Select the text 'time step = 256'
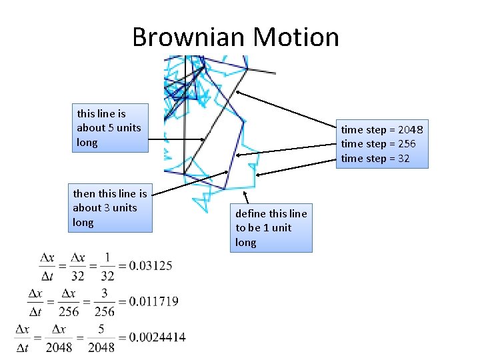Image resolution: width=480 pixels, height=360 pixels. click(x=378, y=144)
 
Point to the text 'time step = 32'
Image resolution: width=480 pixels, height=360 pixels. click(x=375, y=159)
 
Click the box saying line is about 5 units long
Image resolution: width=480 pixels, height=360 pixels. click(x=110, y=128)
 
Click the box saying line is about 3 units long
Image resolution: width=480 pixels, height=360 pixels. click(x=111, y=207)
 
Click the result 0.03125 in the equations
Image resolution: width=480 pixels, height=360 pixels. click(x=151, y=265)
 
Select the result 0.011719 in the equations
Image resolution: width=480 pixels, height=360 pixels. click(x=154, y=301)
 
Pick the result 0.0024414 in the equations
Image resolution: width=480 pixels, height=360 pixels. click(x=157, y=337)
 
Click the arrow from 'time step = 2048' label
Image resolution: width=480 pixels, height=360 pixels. click(x=289, y=110)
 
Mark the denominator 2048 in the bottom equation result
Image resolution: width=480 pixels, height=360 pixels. click(x=100, y=347)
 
